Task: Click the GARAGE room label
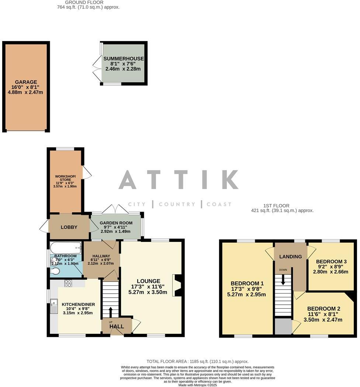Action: [26, 82]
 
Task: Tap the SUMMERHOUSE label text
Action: [124, 59]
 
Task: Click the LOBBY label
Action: [69, 227]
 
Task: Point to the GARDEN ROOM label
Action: [116, 224]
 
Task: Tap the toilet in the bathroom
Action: [55, 272]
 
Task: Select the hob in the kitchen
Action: [68, 283]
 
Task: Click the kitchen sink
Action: [54, 305]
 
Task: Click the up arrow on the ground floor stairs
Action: [111, 309]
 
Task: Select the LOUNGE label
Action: [148, 281]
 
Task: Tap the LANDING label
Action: [290, 257]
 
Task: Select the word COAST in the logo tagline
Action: [219, 204]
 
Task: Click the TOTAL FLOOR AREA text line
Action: [198, 362]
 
